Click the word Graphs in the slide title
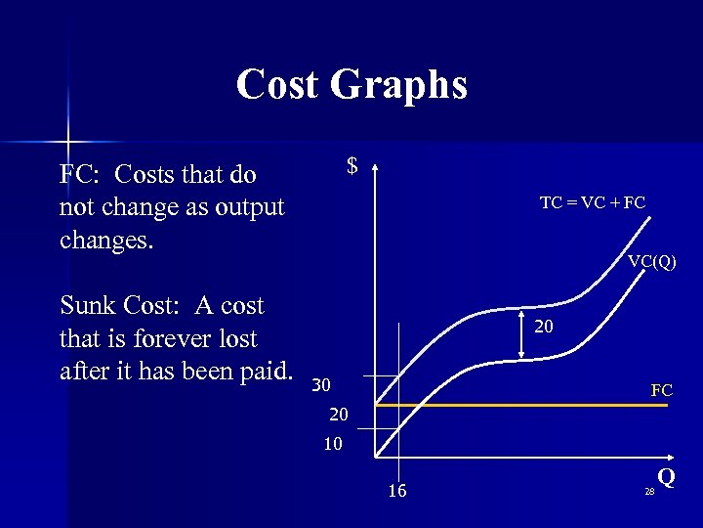[399, 86]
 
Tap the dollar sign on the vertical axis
[352, 167]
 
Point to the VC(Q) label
[651, 261]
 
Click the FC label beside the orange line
[661, 390]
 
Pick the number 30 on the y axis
[321, 383]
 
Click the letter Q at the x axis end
[666, 477]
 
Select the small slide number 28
[649, 492]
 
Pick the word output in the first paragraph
[249, 208]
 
